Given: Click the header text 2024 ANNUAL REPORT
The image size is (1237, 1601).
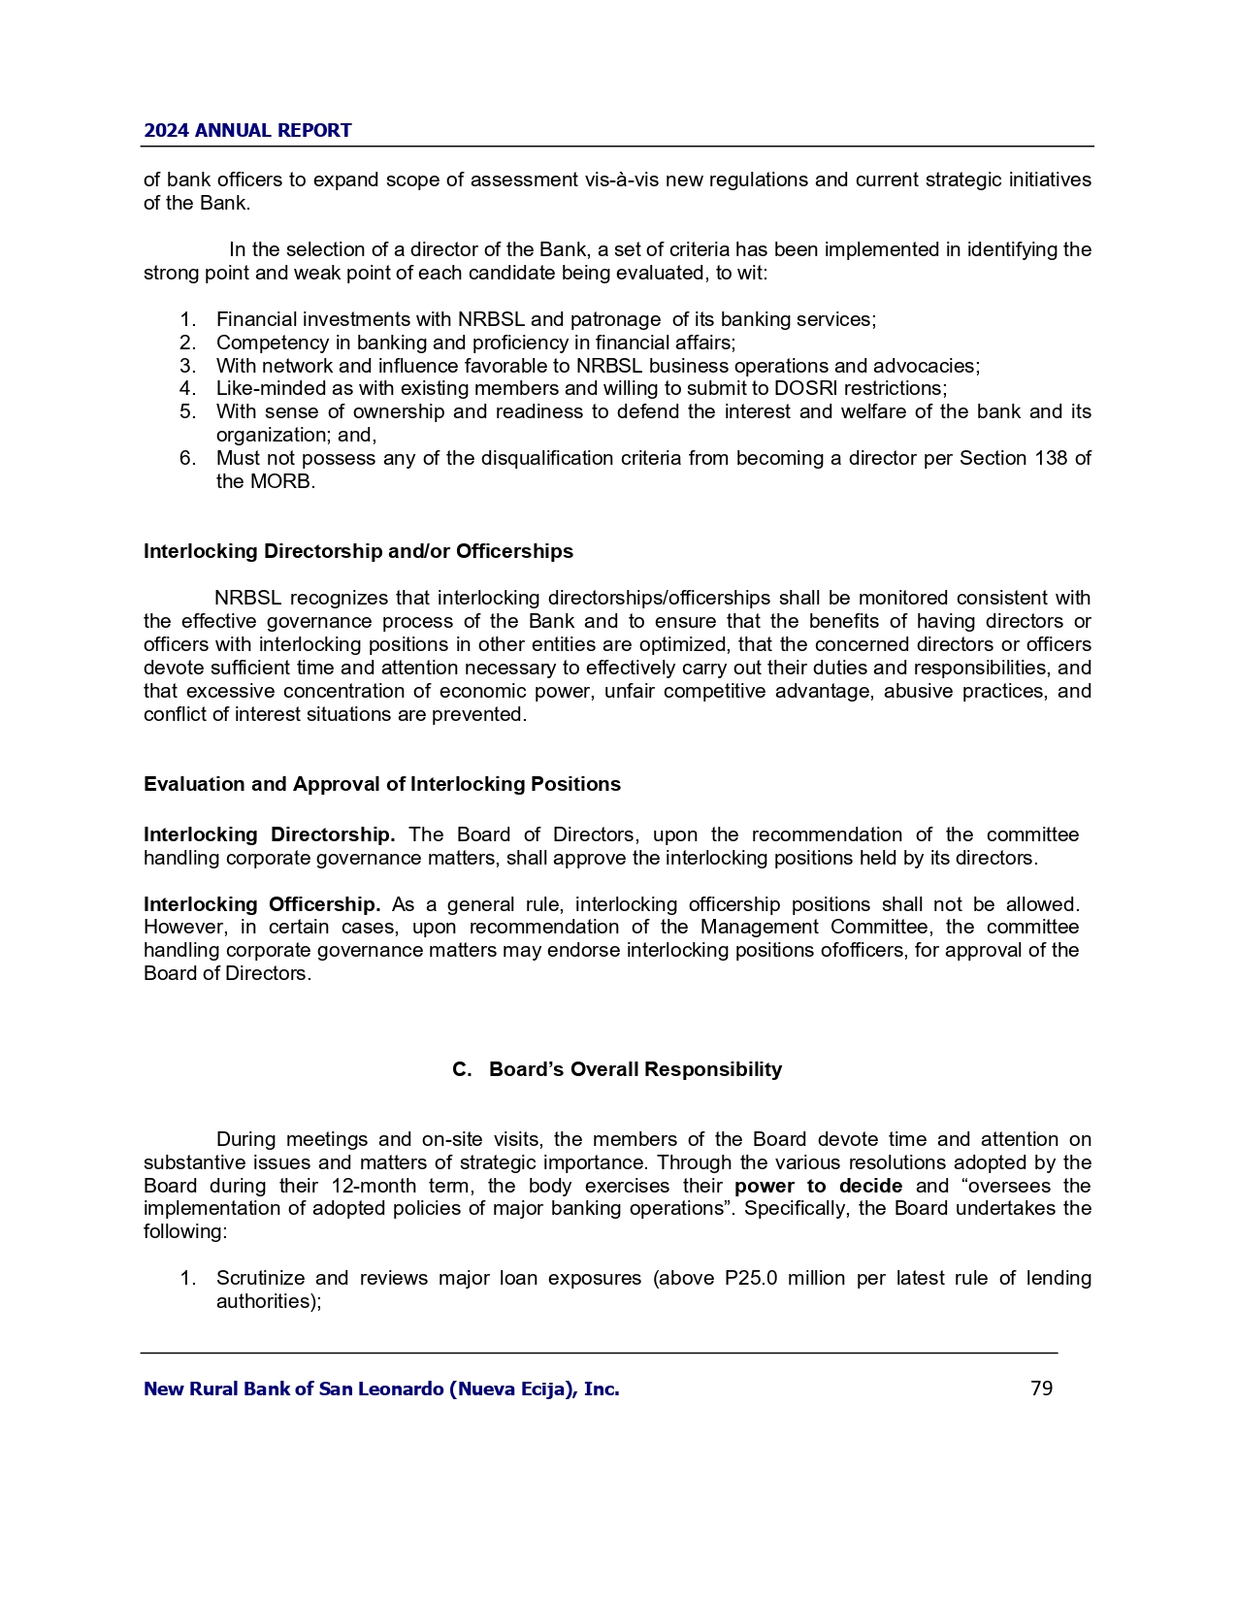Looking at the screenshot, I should [247, 131].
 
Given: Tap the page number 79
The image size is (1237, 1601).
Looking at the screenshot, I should [1041, 1389].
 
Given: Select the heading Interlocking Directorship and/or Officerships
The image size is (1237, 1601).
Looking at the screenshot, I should [358, 551].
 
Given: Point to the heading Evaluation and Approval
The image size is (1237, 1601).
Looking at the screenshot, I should [381, 784].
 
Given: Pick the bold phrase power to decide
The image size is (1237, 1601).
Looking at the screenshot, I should [818, 1186].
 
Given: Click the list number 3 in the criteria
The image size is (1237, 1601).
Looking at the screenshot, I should [187, 366].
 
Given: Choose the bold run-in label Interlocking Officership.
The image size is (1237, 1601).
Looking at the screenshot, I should [262, 904].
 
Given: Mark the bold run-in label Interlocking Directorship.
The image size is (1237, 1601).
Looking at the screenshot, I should [269, 834].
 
